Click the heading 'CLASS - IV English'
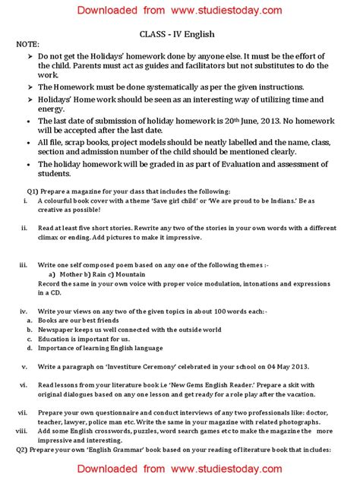(180, 34)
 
